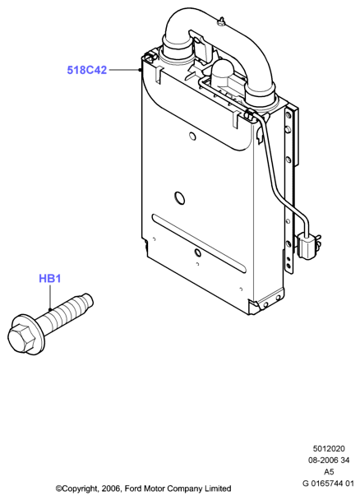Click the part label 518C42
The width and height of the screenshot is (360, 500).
pyautogui.click(x=86, y=70)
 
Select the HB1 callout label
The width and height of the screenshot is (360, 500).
pyautogui.click(x=49, y=279)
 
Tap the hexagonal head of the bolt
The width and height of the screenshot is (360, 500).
pyautogui.click(x=21, y=337)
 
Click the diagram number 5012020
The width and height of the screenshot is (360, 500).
pyautogui.click(x=329, y=449)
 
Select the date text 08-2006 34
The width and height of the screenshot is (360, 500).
pyautogui.click(x=329, y=461)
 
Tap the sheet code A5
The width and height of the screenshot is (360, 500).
pyautogui.click(x=329, y=471)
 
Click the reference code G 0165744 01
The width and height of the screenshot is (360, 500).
pyautogui.click(x=328, y=484)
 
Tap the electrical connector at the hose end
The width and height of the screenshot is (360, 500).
pyautogui.click(x=307, y=247)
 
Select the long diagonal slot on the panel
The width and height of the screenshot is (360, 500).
pyautogui.click(x=199, y=243)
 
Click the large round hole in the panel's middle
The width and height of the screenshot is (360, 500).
pyautogui.click(x=179, y=197)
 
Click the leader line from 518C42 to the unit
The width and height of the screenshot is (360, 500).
pyautogui.click(x=124, y=70)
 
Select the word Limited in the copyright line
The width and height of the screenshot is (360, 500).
pyautogui.click(x=219, y=488)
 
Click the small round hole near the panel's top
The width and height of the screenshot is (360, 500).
pyautogui.click(x=192, y=136)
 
